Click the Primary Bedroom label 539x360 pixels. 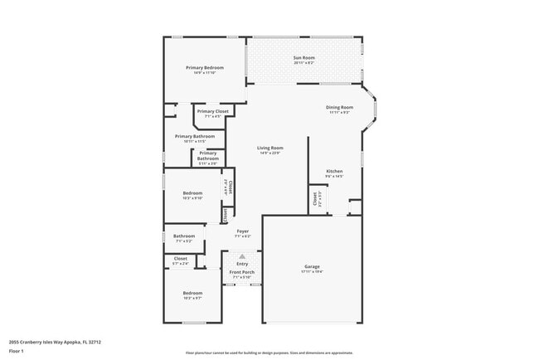[x=205, y=67]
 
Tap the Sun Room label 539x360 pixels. [x=304, y=57]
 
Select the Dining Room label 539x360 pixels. [x=340, y=107]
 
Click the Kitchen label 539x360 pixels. [x=334, y=171]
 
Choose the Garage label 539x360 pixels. [x=312, y=266]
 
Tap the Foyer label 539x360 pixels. [x=243, y=231]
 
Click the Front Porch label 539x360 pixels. [x=242, y=272]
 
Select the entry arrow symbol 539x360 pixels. [x=242, y=256]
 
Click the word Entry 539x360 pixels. [x=242, y=264]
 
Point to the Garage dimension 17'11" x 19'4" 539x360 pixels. [x=312, y=271]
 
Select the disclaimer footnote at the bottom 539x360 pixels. [x=269, y=353]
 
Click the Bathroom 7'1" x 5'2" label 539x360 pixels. [x=184, y=236]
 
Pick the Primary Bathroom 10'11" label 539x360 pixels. [x=195, y=136]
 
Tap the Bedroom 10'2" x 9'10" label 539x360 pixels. [x=192, y=193]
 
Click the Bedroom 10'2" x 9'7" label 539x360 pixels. [x=192, y=293]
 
